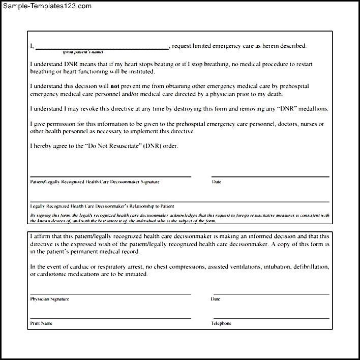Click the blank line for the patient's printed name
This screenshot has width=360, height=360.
point(102,48)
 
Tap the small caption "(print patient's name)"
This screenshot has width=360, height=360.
point(83,52)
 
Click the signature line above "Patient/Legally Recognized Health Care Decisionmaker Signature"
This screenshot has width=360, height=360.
point(110,176)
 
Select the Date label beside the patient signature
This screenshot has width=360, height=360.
point(216,182)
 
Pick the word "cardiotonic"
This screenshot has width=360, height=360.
point(55,275)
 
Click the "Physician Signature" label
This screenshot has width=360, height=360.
point(49,299)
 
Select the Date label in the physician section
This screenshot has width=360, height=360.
point(215,299)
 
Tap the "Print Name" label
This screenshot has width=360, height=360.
point(41,323)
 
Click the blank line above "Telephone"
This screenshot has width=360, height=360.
point(270,318)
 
